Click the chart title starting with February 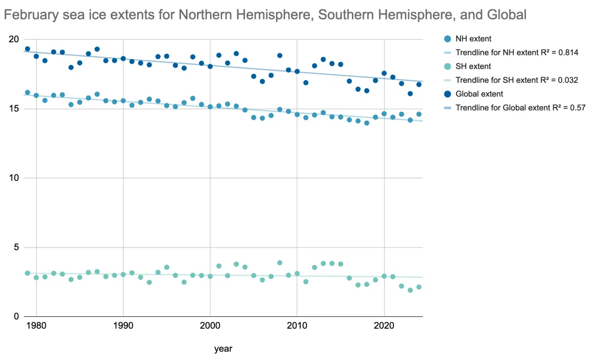coord(265,15)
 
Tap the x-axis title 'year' coord(223,349)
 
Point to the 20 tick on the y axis coord(14,40)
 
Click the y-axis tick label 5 coord(16,247)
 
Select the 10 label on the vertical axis coord(14,178)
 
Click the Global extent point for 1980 coord(36,56)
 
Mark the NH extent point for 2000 coord(210,106)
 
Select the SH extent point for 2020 coord(384,276)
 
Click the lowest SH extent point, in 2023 coord(410,290)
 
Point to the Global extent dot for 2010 coord(297,72)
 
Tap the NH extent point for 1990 coord(123,101)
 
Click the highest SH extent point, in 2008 coord(280,262)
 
